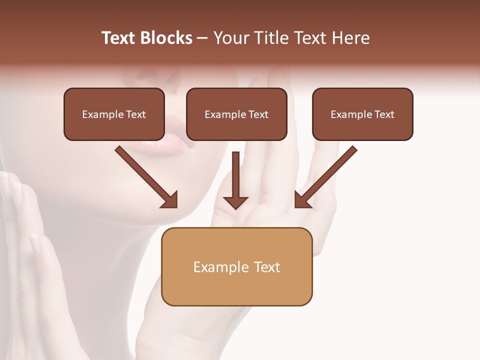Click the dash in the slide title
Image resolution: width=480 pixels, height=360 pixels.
pos(202,38)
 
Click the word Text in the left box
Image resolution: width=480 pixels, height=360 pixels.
pos(136,114)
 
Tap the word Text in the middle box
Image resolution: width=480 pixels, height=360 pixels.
pos(258,114)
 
